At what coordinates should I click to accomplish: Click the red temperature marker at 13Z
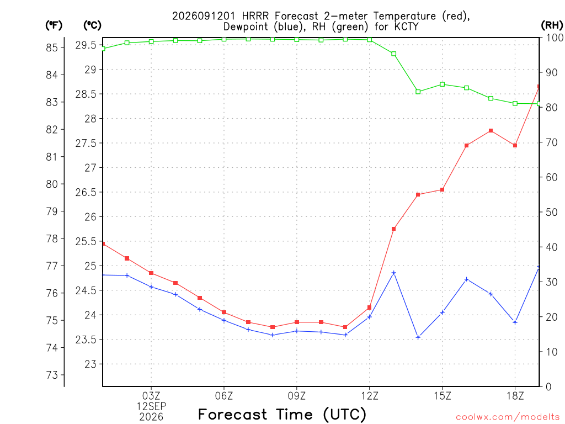pyautogui.click(x=394, y=229)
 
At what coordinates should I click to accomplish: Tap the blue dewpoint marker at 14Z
pyautogui.click(x=418, y=337)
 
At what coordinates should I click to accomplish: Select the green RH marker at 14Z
pyautogui.click(x=418, y=92)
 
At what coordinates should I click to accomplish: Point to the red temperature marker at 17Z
pyautogui.click(x=491, y=130)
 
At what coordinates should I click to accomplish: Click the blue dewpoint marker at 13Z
pyautogui.click(x=394, y=273)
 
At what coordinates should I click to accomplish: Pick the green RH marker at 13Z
pyautogui.click(x=394, y=54)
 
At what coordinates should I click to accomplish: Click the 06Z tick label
pyautogui.click(x=224, y=396)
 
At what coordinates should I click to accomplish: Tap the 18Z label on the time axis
pyautogui.click(x=515, y=396)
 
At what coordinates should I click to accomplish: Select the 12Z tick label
pyautogui.click(x=369, y=396)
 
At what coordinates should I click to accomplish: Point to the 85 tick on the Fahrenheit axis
pyautogui.click(x=52, y=47)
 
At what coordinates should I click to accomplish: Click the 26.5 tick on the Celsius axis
pyautogui.click(x=86, y=192)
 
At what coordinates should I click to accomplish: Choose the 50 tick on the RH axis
pyautogui.click(x=551, y=212)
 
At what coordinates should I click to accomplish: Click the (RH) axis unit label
pyautogui.click(x=552, y=25)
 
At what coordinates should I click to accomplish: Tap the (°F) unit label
pyautogui.click(x=54, y=25)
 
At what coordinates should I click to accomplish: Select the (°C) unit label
pyautogui.click(x=92, y=25)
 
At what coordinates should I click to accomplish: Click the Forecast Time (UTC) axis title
pyautogui.click(x=282, y=415)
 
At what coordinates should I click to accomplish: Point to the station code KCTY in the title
pyautogui.click(x=406, y=26)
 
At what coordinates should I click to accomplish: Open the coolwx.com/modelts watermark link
pyautogui.click(x=508, y=417)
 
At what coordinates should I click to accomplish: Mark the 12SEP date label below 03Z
pyautogui.click(x=151, y=406)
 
